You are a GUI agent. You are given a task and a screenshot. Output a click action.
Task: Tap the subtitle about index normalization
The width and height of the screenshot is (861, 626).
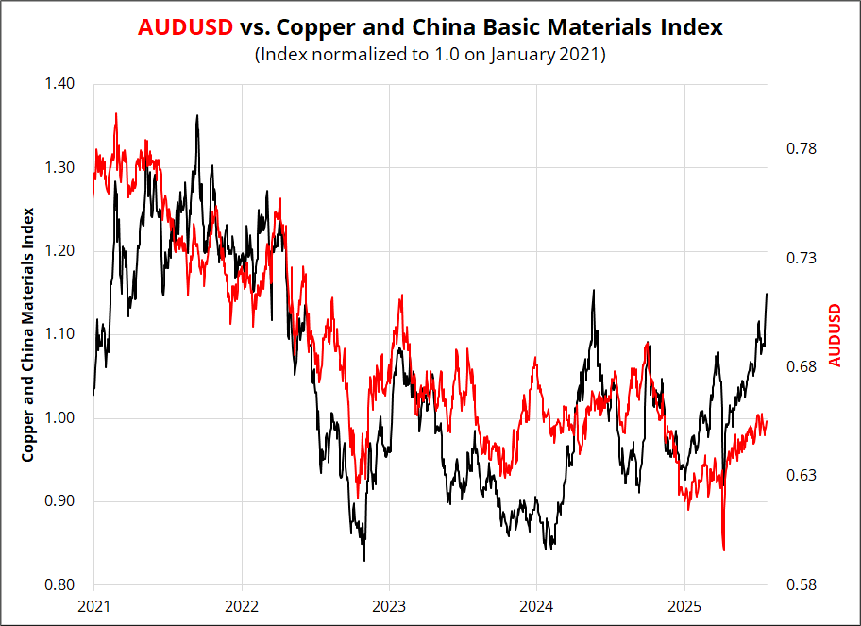click(430, 55)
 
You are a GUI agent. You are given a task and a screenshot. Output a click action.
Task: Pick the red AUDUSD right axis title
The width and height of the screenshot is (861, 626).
click(834, 334)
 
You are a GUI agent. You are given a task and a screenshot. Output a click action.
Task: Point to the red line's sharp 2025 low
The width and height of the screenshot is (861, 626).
click(723, 550)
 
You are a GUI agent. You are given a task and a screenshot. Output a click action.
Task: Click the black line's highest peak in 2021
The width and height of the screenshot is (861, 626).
click(196, 116)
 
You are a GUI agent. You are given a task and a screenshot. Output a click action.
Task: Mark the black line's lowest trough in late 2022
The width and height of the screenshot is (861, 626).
click(364, 560)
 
